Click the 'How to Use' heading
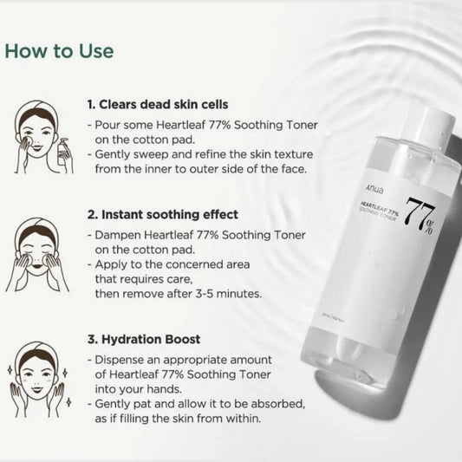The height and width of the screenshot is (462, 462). click(59, 50)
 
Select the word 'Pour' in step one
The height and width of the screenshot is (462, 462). click(108, 126)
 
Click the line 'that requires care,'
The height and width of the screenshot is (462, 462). click(146, 279)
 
